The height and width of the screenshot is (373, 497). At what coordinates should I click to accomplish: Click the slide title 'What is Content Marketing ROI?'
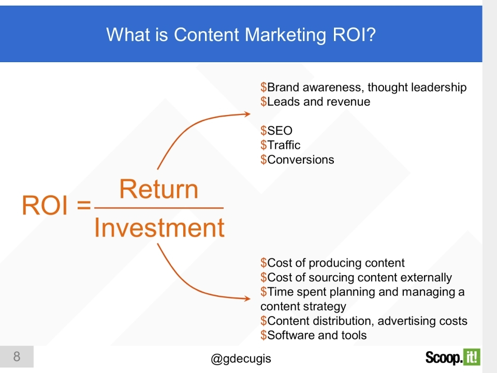tap(241, 35)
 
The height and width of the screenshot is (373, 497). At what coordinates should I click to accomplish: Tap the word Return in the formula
tap(159, 190)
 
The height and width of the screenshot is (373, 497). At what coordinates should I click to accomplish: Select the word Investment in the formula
tap(159, 228)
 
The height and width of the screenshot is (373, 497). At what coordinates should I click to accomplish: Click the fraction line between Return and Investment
tap(159, 208)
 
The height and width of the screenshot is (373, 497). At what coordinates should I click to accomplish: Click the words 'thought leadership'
tap(417, 87)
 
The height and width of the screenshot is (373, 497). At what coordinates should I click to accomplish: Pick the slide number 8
tap(17, 356)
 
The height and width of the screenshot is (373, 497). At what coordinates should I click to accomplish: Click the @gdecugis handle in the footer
tap(241, 359)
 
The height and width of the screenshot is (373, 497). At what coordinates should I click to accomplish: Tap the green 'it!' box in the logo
tap(471, 356)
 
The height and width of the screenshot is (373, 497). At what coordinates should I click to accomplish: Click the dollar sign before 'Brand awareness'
tap(264, 87)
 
